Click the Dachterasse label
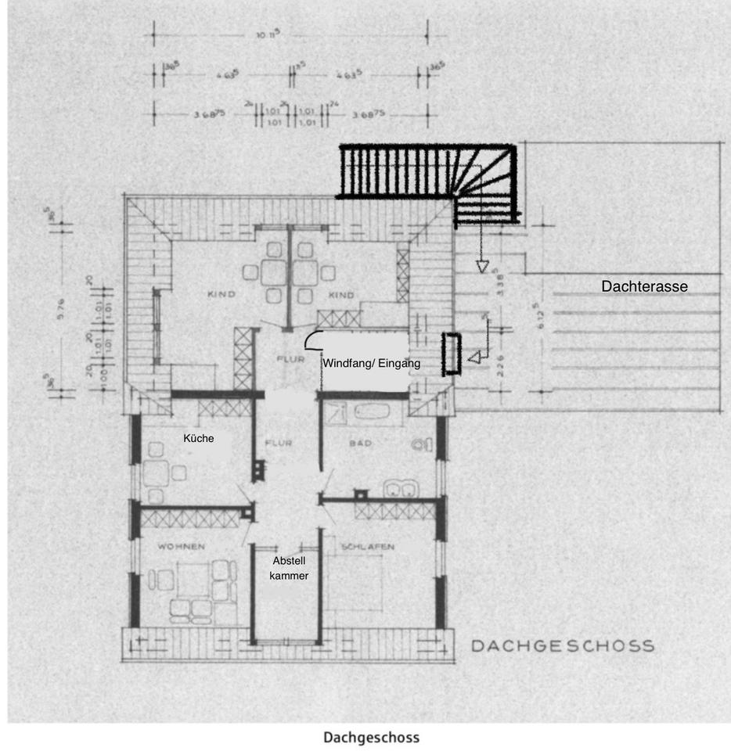[x=644, y=286]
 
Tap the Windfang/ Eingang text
[x=372, y=363]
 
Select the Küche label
[x=199, y=439]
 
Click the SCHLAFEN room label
[x=367, y=546]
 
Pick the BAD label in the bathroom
[x=360, y=444]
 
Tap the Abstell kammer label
[x=290, y=568]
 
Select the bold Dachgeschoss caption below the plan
[x=371, y=737]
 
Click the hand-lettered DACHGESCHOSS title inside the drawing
[x=562, y=646]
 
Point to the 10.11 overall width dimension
[x=290, y=35]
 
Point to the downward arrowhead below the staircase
[x=482, y=266]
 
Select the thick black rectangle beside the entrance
[x=452, y=353]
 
